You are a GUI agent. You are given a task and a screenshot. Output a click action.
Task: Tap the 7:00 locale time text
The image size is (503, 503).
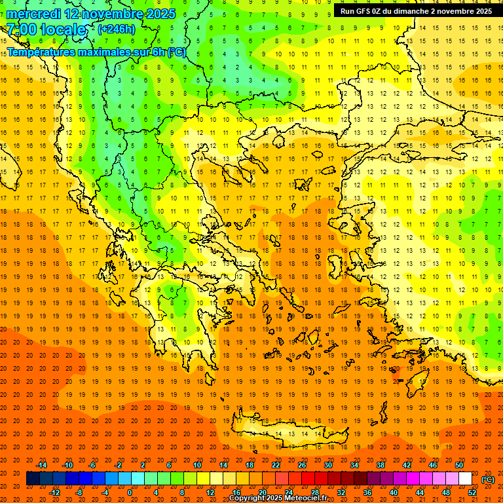pyautogui.click(x=46, y=29)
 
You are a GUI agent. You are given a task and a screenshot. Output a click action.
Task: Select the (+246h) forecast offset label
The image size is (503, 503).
pyautogui.click(x=116, y=29)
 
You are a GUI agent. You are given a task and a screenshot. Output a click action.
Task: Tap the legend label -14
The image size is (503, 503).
pyautogui.click(x=43, y=465)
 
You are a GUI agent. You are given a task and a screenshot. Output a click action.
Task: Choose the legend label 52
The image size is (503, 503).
pyautogui.click(x=472, y=492)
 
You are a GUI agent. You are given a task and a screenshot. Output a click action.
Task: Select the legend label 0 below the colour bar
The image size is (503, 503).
pyautogui.click(x=129, y=492)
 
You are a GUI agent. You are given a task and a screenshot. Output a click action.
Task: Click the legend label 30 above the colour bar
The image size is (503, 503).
pyautogui.click(x=327, y=465)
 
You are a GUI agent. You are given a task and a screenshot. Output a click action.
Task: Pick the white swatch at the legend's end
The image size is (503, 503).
pyautogui.click(x=465, y=479)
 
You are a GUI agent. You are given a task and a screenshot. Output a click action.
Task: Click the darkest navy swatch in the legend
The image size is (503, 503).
pyautogui.click(x=33, y=479)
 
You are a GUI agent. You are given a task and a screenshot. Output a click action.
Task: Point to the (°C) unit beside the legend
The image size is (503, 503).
pyautogui.click(x=488, y=479)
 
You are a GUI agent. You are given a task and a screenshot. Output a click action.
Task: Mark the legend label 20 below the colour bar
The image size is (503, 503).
pyautogui.click(x=263, y=492)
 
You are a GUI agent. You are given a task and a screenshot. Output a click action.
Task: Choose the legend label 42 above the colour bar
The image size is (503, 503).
pyautogui.click(x=407, y=465)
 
